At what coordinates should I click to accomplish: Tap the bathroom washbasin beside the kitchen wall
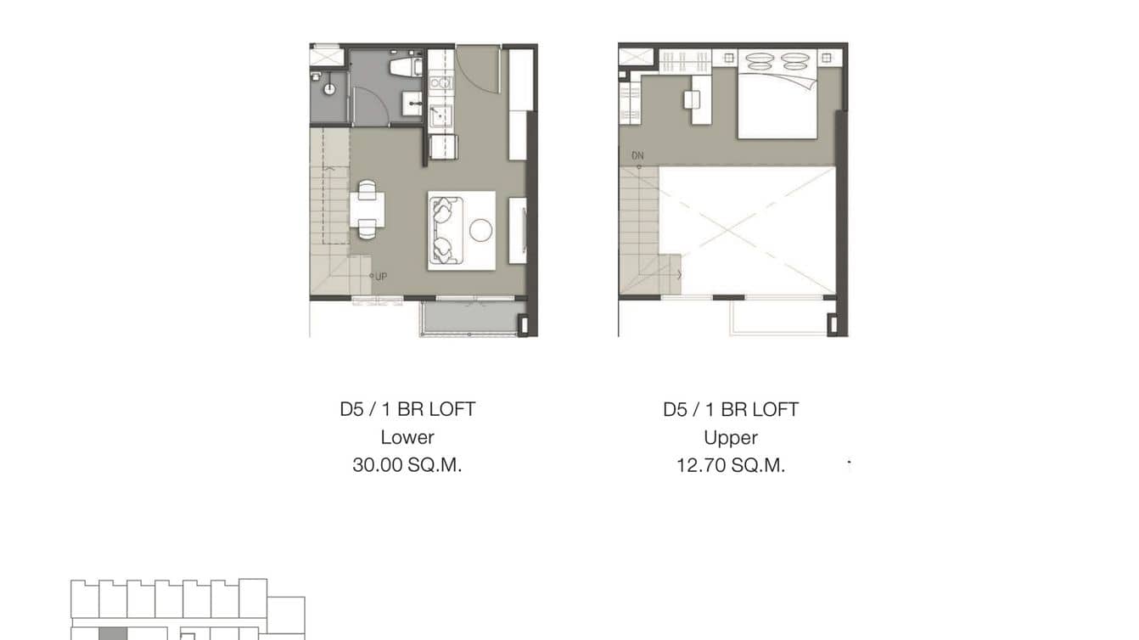[413, 103]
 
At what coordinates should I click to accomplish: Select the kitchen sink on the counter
[440, 115]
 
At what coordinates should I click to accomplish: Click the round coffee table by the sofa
[481, 230]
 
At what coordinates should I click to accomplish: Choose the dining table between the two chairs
[367, 210]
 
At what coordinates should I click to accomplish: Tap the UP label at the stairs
[380, 276]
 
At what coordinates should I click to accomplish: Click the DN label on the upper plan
[637, 156]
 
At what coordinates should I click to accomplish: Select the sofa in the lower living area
[445, 230]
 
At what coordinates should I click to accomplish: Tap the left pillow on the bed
[760, 62]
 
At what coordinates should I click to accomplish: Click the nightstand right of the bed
[825, 57]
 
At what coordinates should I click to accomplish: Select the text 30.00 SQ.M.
[407, 465]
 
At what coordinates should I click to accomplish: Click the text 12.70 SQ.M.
[731, 465]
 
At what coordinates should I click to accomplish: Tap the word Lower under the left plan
[407, 437]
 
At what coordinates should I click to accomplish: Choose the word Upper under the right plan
[731, 437]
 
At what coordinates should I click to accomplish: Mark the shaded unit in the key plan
[113, 633]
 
